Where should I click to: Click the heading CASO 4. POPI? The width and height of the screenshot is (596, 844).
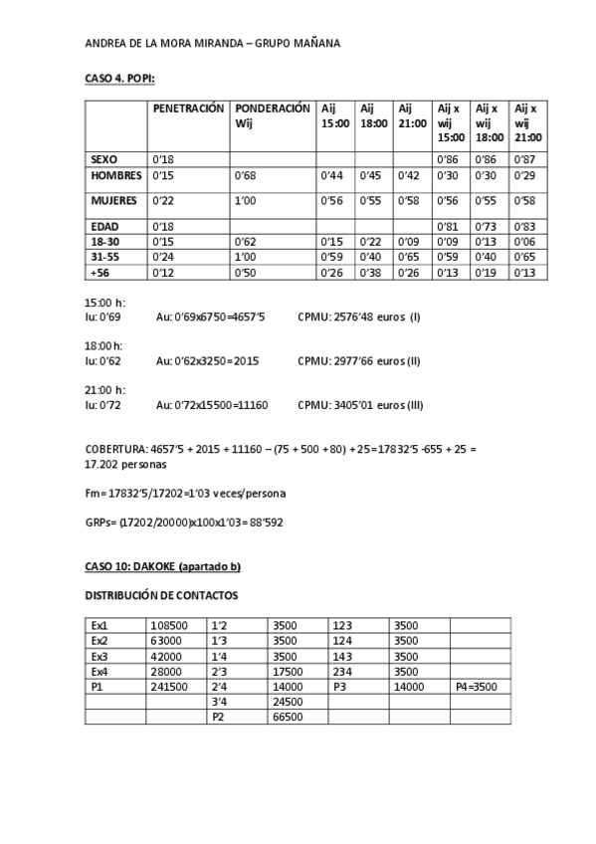click(x=119, y=78)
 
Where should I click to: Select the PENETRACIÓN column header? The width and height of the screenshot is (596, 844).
click(x=188, y=107)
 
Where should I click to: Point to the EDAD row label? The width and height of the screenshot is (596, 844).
click(x=103, y=226)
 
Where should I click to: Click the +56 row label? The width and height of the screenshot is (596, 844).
click(x=99, y=272)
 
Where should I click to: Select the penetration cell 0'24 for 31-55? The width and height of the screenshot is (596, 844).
click(x=162, y=257)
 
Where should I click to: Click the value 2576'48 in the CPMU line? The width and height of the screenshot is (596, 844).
click(x=353, y=316)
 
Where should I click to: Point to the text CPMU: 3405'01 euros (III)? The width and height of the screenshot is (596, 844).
click(x=360, y=405)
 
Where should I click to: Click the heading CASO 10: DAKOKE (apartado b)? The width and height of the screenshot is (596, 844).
click(x=162, y=567)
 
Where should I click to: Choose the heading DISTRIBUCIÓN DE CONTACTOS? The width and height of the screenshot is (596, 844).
click(x=161, y=595)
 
